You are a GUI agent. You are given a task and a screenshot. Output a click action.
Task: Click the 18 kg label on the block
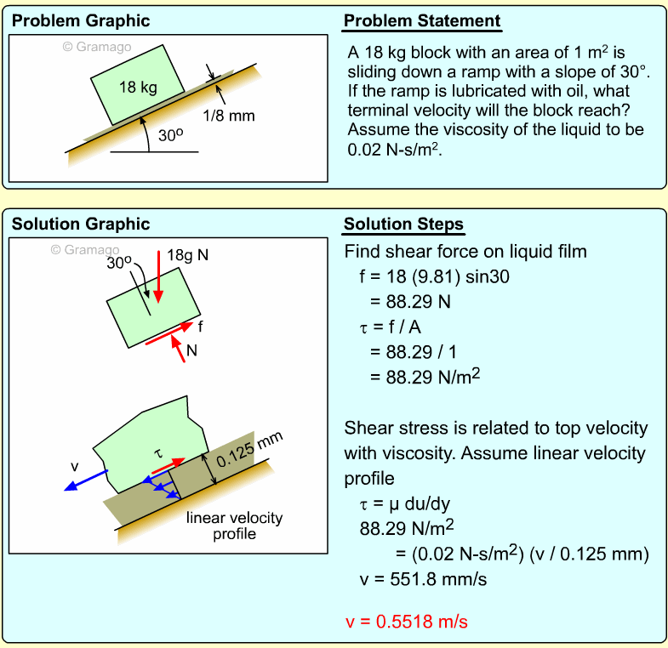tap(138, 88)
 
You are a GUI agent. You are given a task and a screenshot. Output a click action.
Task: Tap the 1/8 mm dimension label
tap(229, 116)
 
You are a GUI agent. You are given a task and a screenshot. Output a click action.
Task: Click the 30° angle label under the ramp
tap(170, 135)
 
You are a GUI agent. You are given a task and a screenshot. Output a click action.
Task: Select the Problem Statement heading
tap(422, 21)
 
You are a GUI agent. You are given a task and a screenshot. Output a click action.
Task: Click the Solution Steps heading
tap(403, 224)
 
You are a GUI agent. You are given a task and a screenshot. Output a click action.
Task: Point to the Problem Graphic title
tap(81, 21)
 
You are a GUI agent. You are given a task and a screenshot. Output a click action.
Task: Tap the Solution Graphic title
tap(81, 224)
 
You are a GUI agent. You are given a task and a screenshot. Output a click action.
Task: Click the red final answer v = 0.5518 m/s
tap(407, 622)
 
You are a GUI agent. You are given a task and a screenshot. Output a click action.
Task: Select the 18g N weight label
tap(187, 255)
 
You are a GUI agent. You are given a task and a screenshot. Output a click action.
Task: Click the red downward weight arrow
tap(158, 276)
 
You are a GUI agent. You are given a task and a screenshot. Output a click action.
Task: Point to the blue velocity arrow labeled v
tap(86, 480)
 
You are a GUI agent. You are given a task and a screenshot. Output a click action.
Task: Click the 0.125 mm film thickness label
tap(249, 450)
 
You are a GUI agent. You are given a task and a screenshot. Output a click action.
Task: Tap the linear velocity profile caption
tap(234, 526)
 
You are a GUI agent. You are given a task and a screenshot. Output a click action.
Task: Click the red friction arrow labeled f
tap(169, 333)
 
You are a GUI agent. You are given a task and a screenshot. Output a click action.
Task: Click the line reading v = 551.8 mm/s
tap(423, 579)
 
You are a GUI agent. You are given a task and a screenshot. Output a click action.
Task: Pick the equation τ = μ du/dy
tap(405, 504)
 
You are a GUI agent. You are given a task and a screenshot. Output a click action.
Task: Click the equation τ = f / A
tap(391, 327)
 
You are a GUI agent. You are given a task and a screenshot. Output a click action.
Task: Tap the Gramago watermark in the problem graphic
tap(97, 47)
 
